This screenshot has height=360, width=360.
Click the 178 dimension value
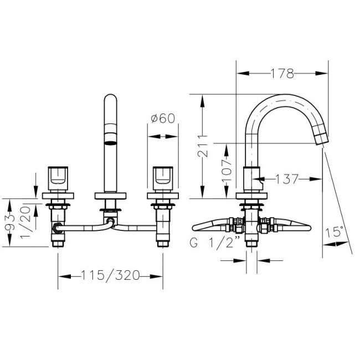point(282,74)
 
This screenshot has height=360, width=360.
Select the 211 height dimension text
point(203,146)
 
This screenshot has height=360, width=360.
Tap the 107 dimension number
point(227,171)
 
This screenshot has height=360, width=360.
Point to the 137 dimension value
point(287,179)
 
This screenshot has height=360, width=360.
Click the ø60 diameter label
point(163,119)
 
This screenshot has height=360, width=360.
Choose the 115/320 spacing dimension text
point(111,275)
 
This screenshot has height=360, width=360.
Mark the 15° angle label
point(335,232)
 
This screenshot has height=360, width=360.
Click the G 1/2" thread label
point(215,242)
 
